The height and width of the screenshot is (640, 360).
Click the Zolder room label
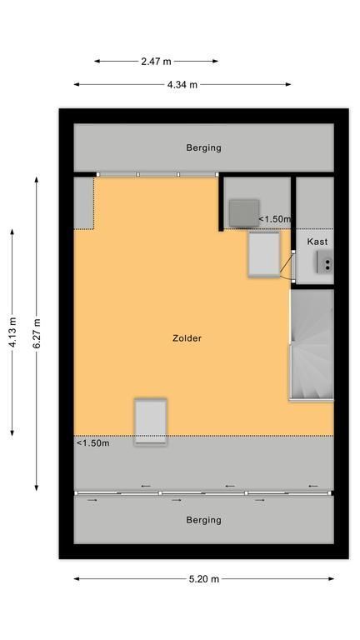(187, 338)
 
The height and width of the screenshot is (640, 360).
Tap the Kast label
(317, 242)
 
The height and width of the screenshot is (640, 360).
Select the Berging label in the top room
(203, 147)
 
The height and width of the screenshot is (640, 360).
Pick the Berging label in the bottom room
(203, 520)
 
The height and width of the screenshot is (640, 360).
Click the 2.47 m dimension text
(156, 62)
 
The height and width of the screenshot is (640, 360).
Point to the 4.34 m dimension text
(182, 85)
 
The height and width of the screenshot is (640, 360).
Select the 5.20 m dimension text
(203, 579)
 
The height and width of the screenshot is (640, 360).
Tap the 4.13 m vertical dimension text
(12, 332)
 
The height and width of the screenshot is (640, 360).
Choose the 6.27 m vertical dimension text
(37, 333)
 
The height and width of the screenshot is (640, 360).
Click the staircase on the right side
(312, 344)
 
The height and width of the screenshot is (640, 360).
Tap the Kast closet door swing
(287, 265)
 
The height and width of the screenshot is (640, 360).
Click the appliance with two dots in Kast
(325, 262)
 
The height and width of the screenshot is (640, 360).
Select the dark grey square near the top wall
(244, 213)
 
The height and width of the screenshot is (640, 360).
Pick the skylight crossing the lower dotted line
(151, 422)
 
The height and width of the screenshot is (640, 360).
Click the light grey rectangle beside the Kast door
(264, 255)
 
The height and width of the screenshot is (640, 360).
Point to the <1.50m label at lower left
(92, 443)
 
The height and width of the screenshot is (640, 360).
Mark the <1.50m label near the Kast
(275, 219)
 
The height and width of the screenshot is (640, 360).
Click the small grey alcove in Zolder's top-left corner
(83, 202)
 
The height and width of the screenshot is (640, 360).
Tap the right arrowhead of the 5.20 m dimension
(331, 579)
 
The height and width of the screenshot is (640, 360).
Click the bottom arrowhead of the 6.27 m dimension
(37, 487)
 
